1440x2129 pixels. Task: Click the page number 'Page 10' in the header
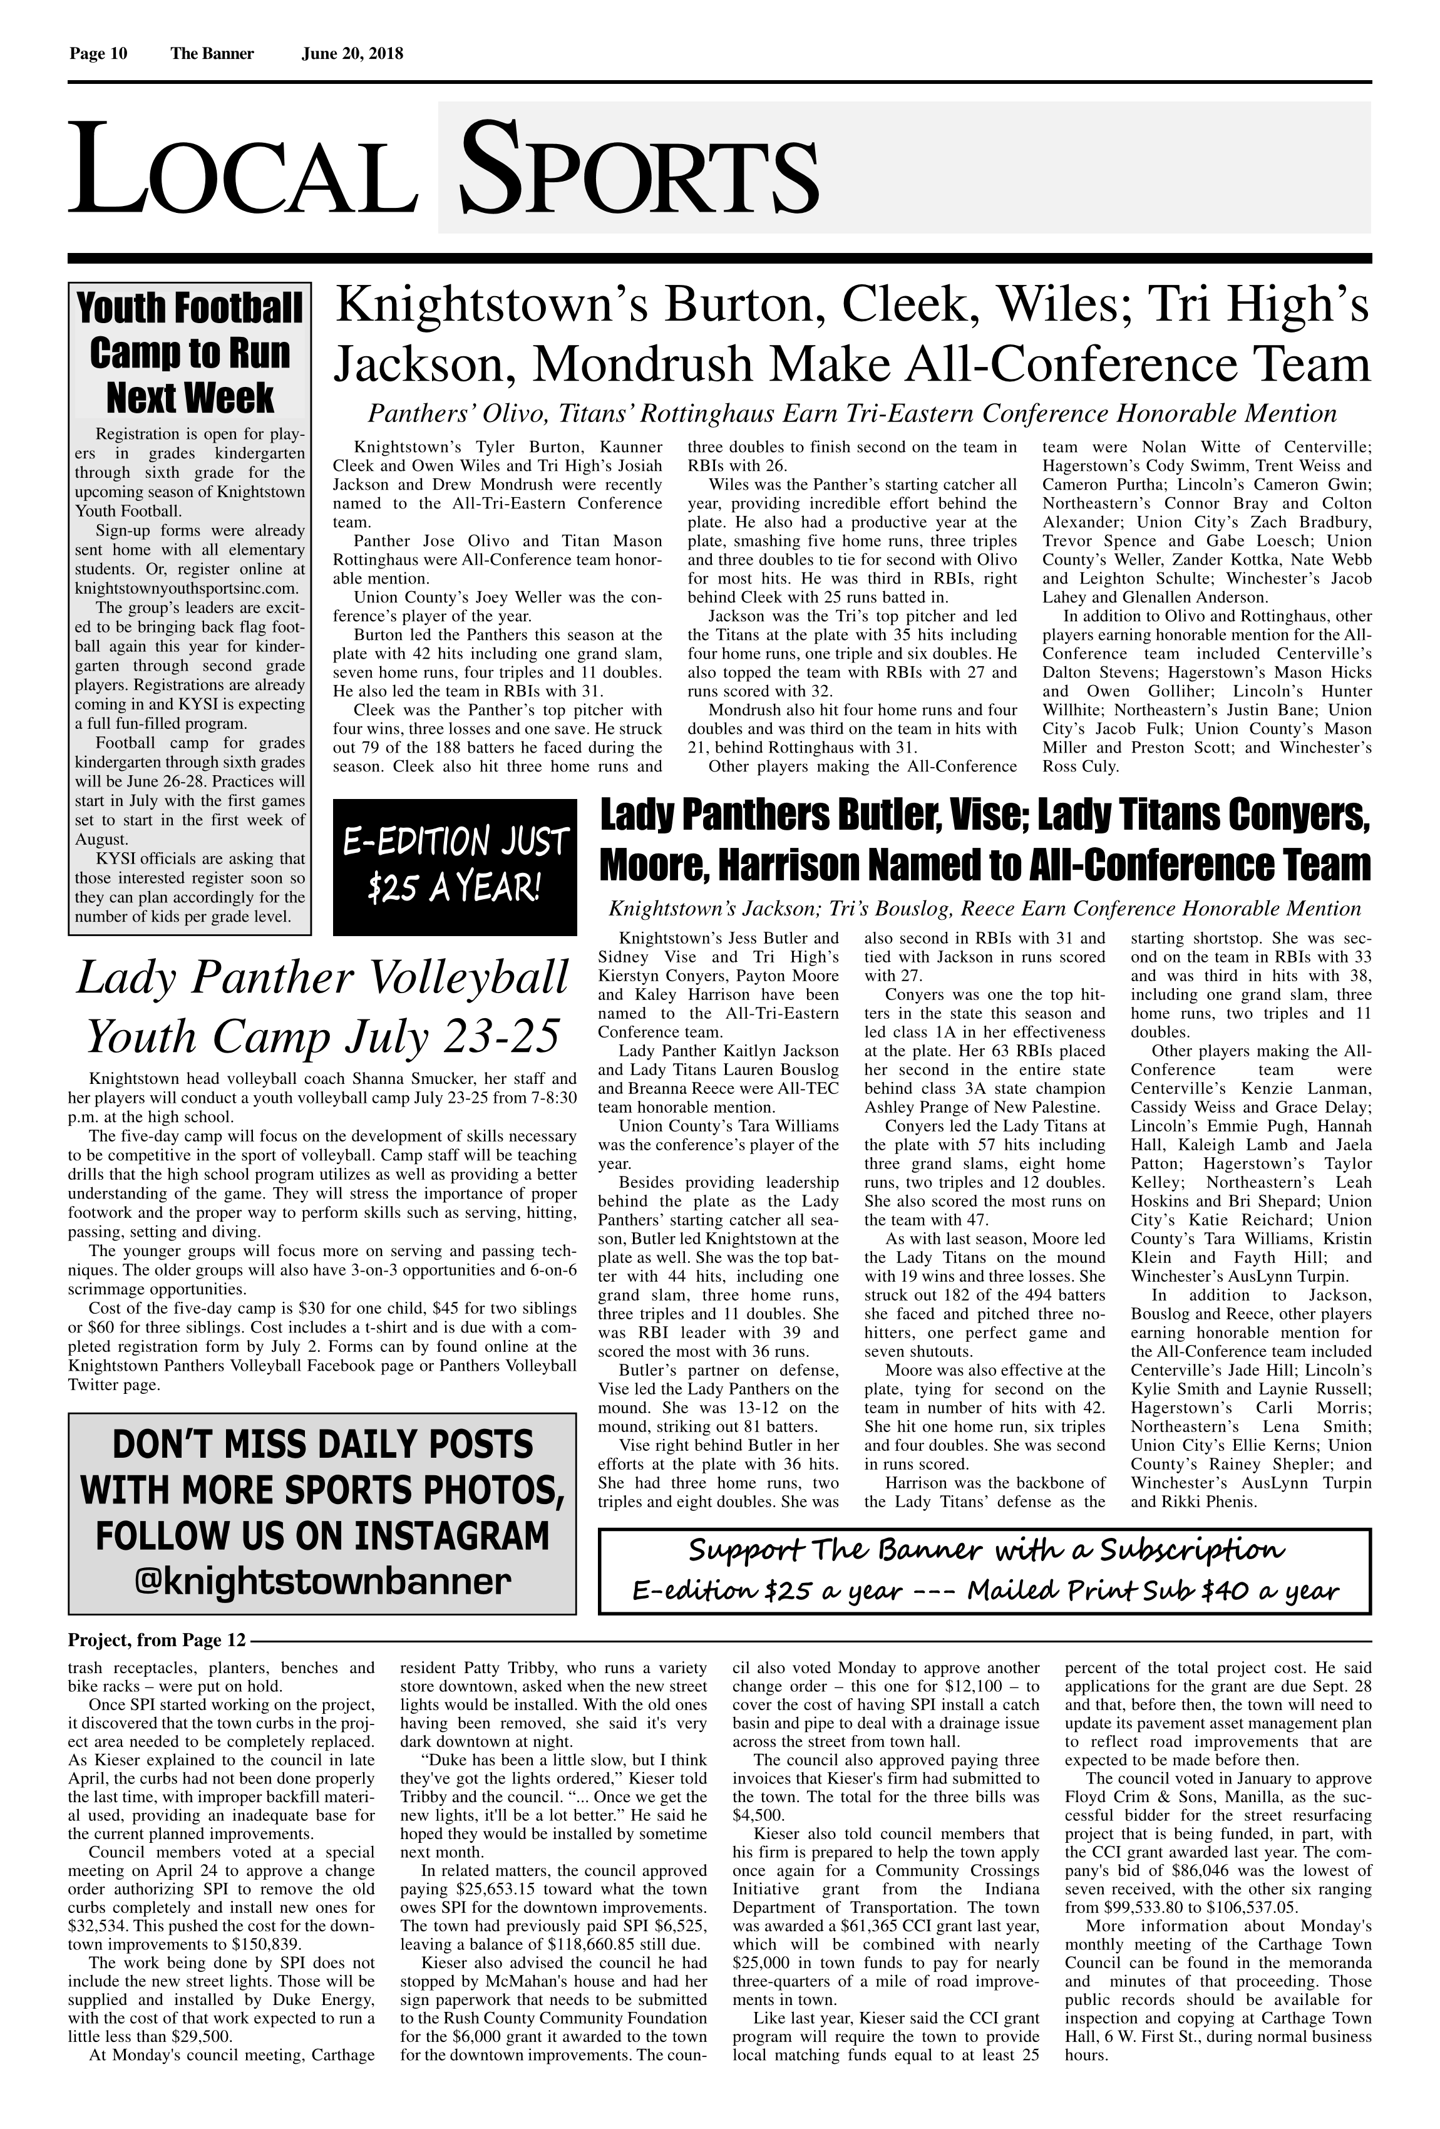[98, 53]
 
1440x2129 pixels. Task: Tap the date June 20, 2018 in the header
[352, 53]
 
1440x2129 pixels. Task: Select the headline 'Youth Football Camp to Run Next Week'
[190, 353]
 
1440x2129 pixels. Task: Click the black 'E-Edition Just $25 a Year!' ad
[455, 867]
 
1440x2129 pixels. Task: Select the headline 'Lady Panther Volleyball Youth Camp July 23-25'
[322, 1007]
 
